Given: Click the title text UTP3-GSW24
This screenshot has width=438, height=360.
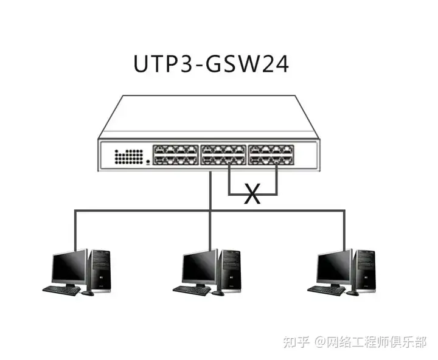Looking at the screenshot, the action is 211,64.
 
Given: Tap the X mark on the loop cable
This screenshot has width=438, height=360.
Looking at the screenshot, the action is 252,193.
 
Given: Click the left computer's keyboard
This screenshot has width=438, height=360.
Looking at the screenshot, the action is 61,291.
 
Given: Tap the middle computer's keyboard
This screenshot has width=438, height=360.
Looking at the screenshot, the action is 192,291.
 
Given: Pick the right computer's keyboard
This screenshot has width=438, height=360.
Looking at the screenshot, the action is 327,291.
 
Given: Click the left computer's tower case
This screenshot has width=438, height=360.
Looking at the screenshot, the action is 99,271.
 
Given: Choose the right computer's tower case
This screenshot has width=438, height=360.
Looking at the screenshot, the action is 364,271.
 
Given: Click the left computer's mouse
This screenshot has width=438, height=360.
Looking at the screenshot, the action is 88,293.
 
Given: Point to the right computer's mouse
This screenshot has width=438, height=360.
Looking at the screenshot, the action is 352,293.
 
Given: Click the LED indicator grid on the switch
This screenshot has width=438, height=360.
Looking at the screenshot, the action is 129,156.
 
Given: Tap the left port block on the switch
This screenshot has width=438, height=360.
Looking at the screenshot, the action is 175,154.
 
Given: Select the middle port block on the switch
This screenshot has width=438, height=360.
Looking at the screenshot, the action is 223,154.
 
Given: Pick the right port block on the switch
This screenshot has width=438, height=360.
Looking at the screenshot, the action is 271,154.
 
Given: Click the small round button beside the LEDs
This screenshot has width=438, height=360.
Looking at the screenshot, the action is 148,161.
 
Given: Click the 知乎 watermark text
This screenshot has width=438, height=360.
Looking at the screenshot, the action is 296,342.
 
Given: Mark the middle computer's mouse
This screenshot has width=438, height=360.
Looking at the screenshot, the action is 218,293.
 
